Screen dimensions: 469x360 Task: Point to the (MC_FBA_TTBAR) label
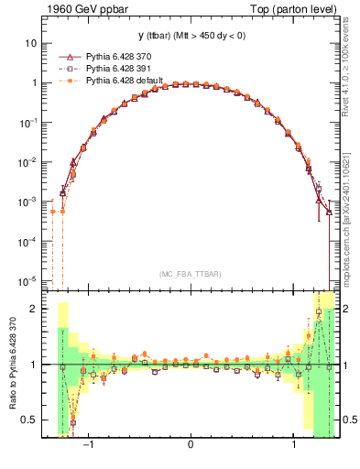(x=190, y=274)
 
